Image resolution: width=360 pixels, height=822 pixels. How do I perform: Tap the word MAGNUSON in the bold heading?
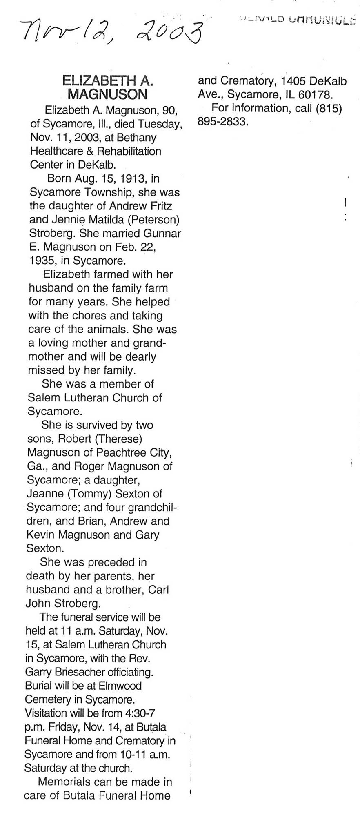pyautogui.click(x=107, y=95)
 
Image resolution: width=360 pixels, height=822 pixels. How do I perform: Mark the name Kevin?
pyautogui.click(x=40, y=535)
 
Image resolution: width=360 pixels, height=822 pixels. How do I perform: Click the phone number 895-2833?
pyautogui.click(x=223, y=122)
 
